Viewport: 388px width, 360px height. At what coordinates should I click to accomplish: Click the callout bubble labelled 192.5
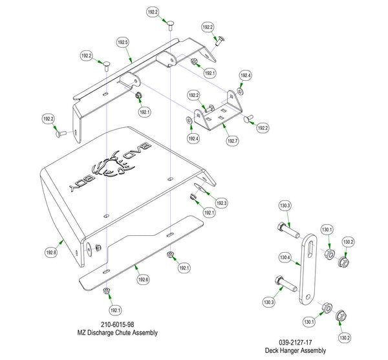click(x=123, y=42)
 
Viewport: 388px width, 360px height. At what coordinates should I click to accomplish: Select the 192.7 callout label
click(x=233, y=140)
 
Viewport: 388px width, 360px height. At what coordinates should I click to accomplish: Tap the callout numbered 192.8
click(x=51, y=253)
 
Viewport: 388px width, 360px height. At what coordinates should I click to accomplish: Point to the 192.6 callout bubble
click(x=144, y=280)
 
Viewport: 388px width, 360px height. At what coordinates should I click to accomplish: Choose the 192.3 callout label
click(x=222, y=203)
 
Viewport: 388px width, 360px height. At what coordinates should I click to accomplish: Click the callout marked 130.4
click(x=285, y=257)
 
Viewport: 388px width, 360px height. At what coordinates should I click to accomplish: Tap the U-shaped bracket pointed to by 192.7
click(x=216, y=113)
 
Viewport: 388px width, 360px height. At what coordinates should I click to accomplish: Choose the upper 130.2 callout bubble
click(x=348, y=242)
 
